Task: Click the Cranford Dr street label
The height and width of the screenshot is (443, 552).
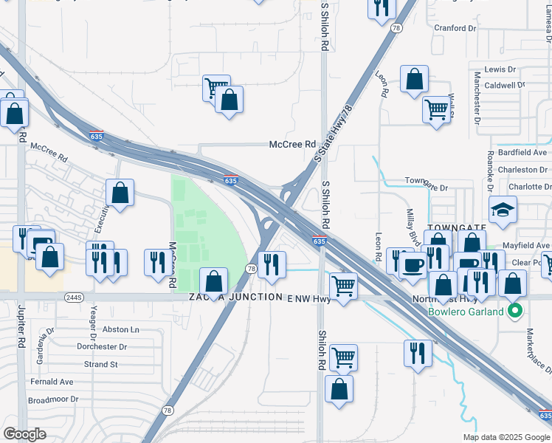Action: coord(455,28)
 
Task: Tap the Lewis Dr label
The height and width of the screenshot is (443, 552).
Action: coord(500,69)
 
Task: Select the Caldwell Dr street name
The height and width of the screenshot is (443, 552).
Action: coord(504,85)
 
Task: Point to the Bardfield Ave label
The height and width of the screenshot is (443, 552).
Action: coord(524,153)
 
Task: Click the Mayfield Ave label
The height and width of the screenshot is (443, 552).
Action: coord(527,245)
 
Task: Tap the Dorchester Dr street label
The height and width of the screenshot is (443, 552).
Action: coord(101,346)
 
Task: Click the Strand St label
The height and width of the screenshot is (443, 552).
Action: coord(100,364)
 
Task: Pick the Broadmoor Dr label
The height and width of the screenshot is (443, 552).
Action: coord(52,399)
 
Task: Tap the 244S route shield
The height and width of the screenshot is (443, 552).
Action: coord(73,297)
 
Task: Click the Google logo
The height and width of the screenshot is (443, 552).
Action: coord(26,434)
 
